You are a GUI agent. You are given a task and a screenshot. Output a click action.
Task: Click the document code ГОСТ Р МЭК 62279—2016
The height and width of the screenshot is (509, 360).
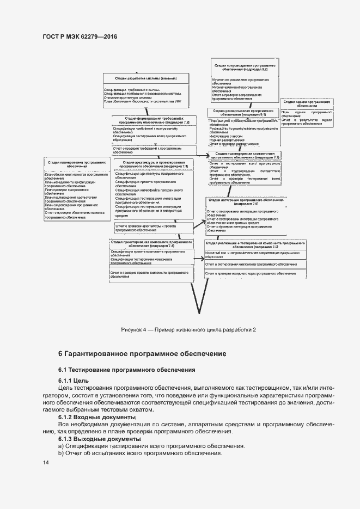pos(80,37)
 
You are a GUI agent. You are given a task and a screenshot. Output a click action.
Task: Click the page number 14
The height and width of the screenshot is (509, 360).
pos(46,463)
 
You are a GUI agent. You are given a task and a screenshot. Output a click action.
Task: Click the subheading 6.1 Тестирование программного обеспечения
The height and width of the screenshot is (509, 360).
pos(127,370)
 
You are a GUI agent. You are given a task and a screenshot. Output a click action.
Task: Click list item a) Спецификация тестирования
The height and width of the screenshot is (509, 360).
pos(151,446)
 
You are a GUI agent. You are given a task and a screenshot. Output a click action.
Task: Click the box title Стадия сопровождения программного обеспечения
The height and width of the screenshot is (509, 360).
pos(244,68)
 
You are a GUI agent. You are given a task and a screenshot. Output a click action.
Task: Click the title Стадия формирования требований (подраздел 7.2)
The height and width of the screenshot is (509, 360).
pos(154,121)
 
